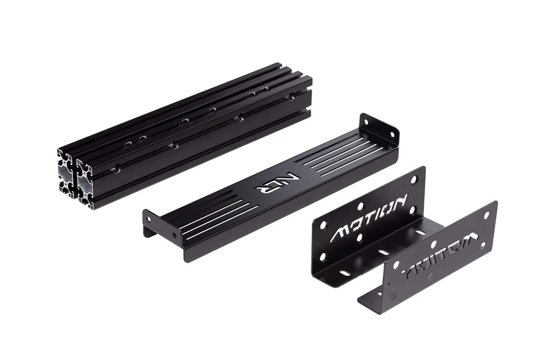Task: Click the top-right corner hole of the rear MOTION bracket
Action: coord(414,179)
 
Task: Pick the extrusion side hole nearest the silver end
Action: coord(115,169)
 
